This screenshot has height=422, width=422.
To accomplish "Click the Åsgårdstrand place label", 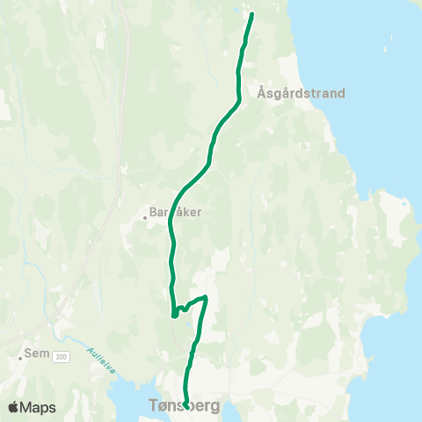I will click(x=302, y=92).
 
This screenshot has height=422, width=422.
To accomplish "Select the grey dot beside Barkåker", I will click(x=145, y=217).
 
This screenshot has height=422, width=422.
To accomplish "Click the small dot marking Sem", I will click(x=20, y=358).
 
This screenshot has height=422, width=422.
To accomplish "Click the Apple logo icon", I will click(x=14, y=407).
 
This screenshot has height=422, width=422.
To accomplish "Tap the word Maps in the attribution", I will click(x=40, y=407).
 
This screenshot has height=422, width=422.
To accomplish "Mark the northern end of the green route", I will click(x=251, y=14).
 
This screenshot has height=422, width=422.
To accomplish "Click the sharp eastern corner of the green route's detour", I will click(x=206, y=297).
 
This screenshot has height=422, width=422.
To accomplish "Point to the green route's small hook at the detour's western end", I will click(x=174, y=315).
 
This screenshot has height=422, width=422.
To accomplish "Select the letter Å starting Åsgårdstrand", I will click(x=263, y=91).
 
